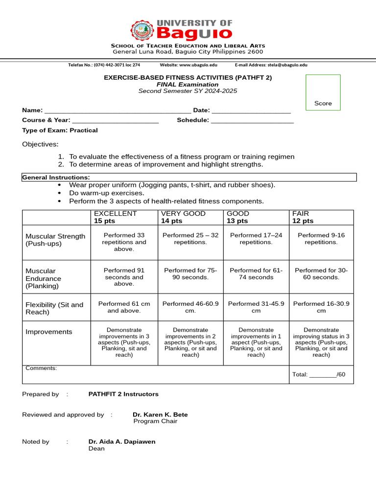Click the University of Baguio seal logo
tap(142, 30)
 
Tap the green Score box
tap(323, 92)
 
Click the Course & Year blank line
tap(116, 121)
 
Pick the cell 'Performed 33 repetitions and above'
tap(124, 242)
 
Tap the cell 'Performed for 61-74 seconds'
tap(256, 273)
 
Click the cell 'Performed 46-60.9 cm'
tap(190, 307)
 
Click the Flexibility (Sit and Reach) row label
tap(54, 308)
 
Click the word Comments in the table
tap(41, 368)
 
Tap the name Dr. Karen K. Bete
tap(160, 414)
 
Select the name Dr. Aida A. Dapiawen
tap(122, 441)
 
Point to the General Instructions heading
tap(56, 177)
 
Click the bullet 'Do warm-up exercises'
tap(106, 193)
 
